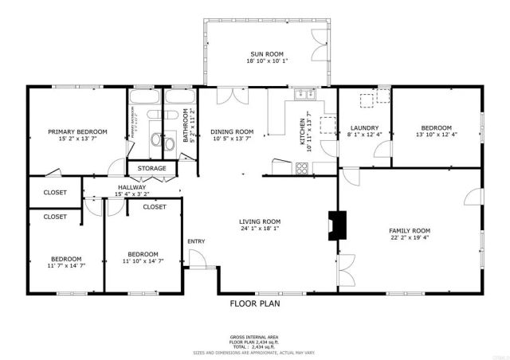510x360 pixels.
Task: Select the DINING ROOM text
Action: coord(232,131)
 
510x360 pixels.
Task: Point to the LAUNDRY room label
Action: coord(364,127)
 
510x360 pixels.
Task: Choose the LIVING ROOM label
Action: coord(261,221)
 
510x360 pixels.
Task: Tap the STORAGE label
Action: coord(151,168)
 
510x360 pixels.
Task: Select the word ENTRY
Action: coord(196,241)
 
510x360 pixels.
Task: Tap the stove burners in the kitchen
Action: coord(303,167)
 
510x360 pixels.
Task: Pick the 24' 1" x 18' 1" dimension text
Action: coord(261,230)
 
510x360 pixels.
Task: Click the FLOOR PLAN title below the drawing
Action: coord(255,303)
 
